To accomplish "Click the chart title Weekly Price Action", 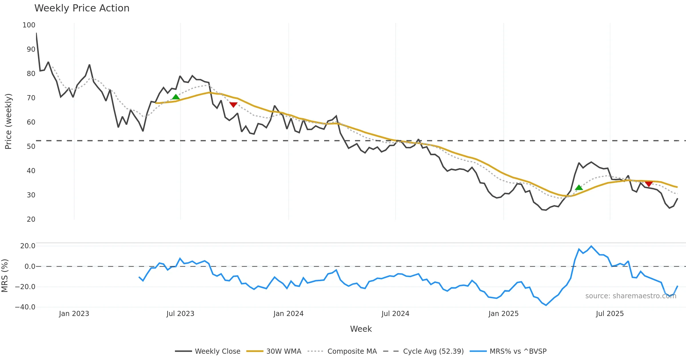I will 82,8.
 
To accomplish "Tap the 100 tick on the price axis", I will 29,25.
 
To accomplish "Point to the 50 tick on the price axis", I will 31,147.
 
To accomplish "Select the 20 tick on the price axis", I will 31,219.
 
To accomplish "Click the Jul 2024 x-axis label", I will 395,314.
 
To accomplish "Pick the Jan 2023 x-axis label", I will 74,314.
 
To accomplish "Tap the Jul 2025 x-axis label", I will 610,314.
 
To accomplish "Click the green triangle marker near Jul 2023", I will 176,97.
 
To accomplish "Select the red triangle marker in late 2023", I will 234,105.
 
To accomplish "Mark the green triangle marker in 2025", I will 579,187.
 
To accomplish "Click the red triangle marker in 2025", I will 649,184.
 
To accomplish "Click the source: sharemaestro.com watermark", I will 631,296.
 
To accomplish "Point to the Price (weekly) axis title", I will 8,121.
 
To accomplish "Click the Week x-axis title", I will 361,329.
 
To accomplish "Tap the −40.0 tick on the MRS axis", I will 25,307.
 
